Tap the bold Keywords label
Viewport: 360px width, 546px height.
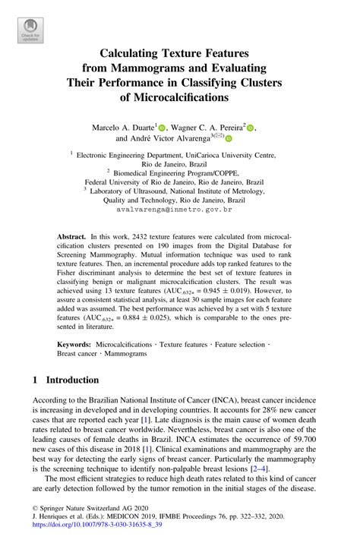[x=74, y=344]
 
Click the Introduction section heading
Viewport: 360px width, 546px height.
[x=72, y=380]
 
